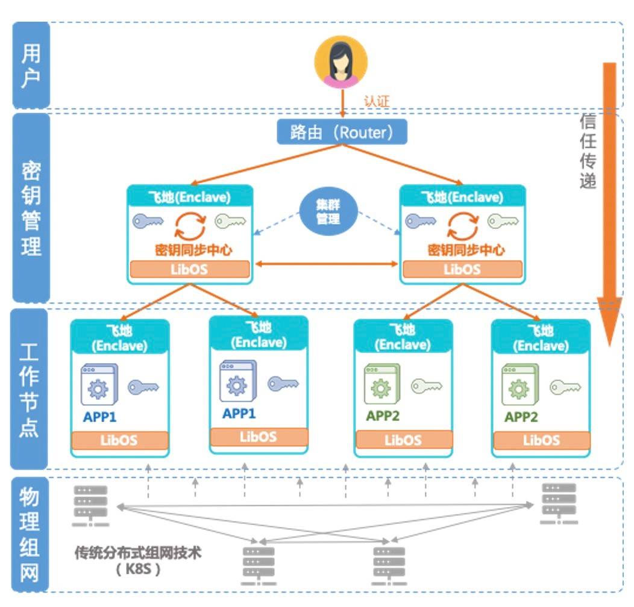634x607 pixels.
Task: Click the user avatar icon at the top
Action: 341,63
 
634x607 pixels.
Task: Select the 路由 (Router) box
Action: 342,132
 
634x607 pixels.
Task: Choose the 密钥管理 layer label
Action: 31,208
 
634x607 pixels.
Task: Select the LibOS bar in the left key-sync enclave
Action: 190,269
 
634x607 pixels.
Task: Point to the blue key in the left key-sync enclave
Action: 148,222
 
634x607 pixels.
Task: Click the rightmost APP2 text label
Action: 521,417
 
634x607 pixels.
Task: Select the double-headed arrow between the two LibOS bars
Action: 326,264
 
